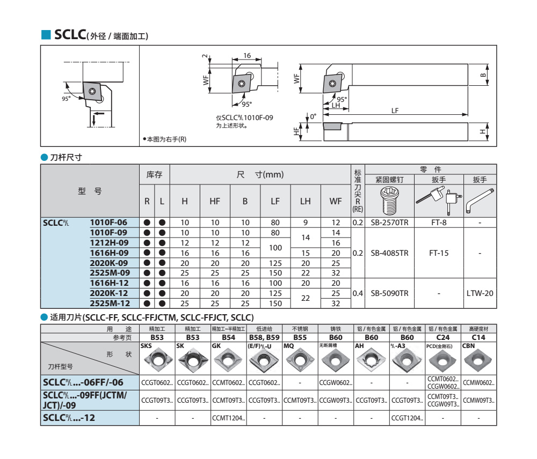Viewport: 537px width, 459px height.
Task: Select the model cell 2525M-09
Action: [110, 273]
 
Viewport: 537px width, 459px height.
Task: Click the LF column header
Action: [275, 202]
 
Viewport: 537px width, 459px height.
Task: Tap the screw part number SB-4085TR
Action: [389, 253]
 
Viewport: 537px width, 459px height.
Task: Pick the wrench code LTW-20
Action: [480, 293]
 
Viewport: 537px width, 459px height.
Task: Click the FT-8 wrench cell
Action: [439, 222]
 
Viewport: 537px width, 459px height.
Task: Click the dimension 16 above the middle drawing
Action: [246, 56]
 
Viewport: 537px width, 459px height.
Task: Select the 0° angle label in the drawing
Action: [313, 116]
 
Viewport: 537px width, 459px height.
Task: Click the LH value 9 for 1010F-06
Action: [305, 222]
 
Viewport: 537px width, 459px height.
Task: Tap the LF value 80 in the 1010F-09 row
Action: [275, 232]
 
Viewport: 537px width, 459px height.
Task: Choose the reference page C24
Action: [443, 338]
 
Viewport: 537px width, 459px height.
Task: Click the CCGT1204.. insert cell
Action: [407, 417]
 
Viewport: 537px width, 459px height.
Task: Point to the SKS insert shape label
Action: [146, 346]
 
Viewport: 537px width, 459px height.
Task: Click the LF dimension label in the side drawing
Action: [395, 110]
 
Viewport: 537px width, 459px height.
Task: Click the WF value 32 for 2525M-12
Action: [336, 303]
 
